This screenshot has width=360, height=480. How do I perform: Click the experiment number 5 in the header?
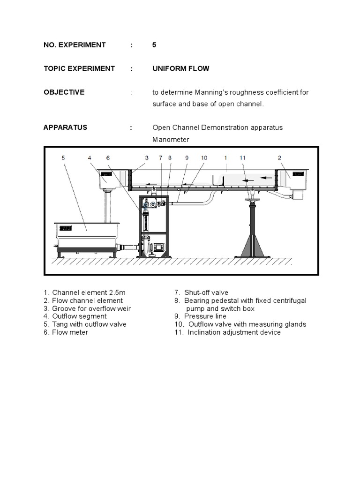click(x=154, y=45)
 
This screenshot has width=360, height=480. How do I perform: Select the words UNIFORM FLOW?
click(x=180, y=68)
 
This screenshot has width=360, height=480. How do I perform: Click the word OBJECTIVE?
click(x=64, y=92)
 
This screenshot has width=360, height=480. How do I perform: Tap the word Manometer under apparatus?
click(x=171, y=140)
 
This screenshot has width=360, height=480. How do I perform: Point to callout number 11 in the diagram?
click(x=242, y=158)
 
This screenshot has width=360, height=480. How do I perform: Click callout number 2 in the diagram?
click(x=279, y=158)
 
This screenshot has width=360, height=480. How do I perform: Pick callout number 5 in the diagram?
click(x=63, y=158)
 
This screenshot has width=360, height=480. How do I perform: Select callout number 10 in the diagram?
click(x=204, y=158)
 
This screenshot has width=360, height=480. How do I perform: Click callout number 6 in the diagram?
click(x=108, y=158)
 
